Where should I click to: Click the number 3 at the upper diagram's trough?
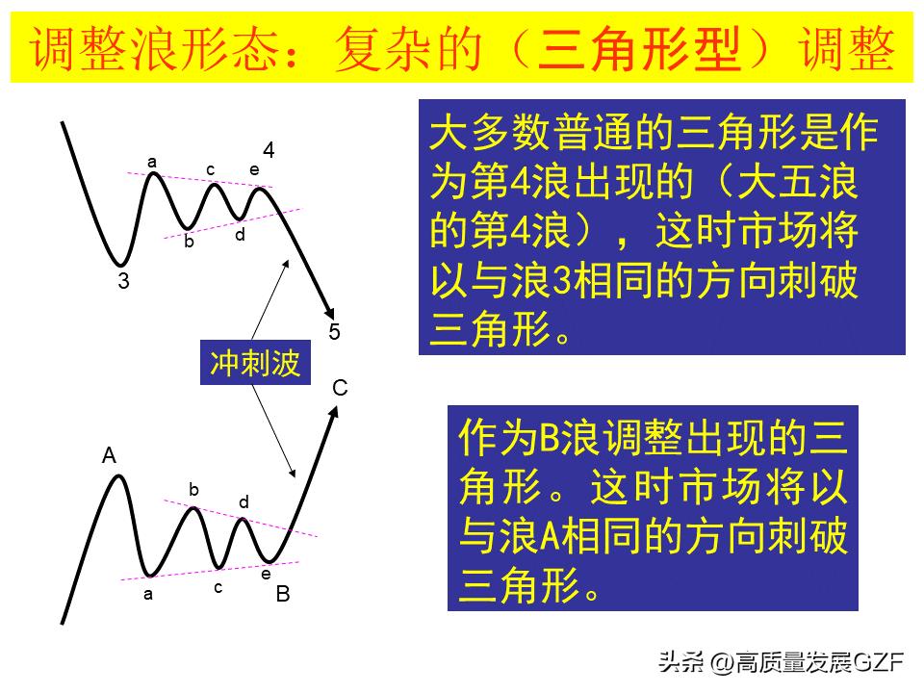point(123,280)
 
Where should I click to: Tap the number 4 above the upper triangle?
point(269,150)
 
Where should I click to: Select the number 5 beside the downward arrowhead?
point(334,332)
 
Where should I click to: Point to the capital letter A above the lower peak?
point(109,455)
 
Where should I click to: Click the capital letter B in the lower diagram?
point(283,594)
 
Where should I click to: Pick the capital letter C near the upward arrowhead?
point(340,388)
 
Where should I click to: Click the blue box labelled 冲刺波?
point(255,363)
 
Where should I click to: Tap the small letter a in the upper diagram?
point(152,162)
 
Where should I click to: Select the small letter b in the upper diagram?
point(189,241)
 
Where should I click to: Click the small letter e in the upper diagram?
point(254,169)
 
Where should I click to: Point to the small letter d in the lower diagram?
point(244,501)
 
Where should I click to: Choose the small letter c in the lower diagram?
point(218,587)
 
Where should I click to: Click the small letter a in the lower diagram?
point(148,594)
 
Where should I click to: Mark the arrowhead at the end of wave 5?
point(330,313)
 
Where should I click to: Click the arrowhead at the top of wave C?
point(334,412)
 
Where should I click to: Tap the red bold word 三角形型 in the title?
point(638,48)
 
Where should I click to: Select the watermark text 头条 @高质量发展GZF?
point(781,662)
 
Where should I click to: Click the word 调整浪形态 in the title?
point(154,48)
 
